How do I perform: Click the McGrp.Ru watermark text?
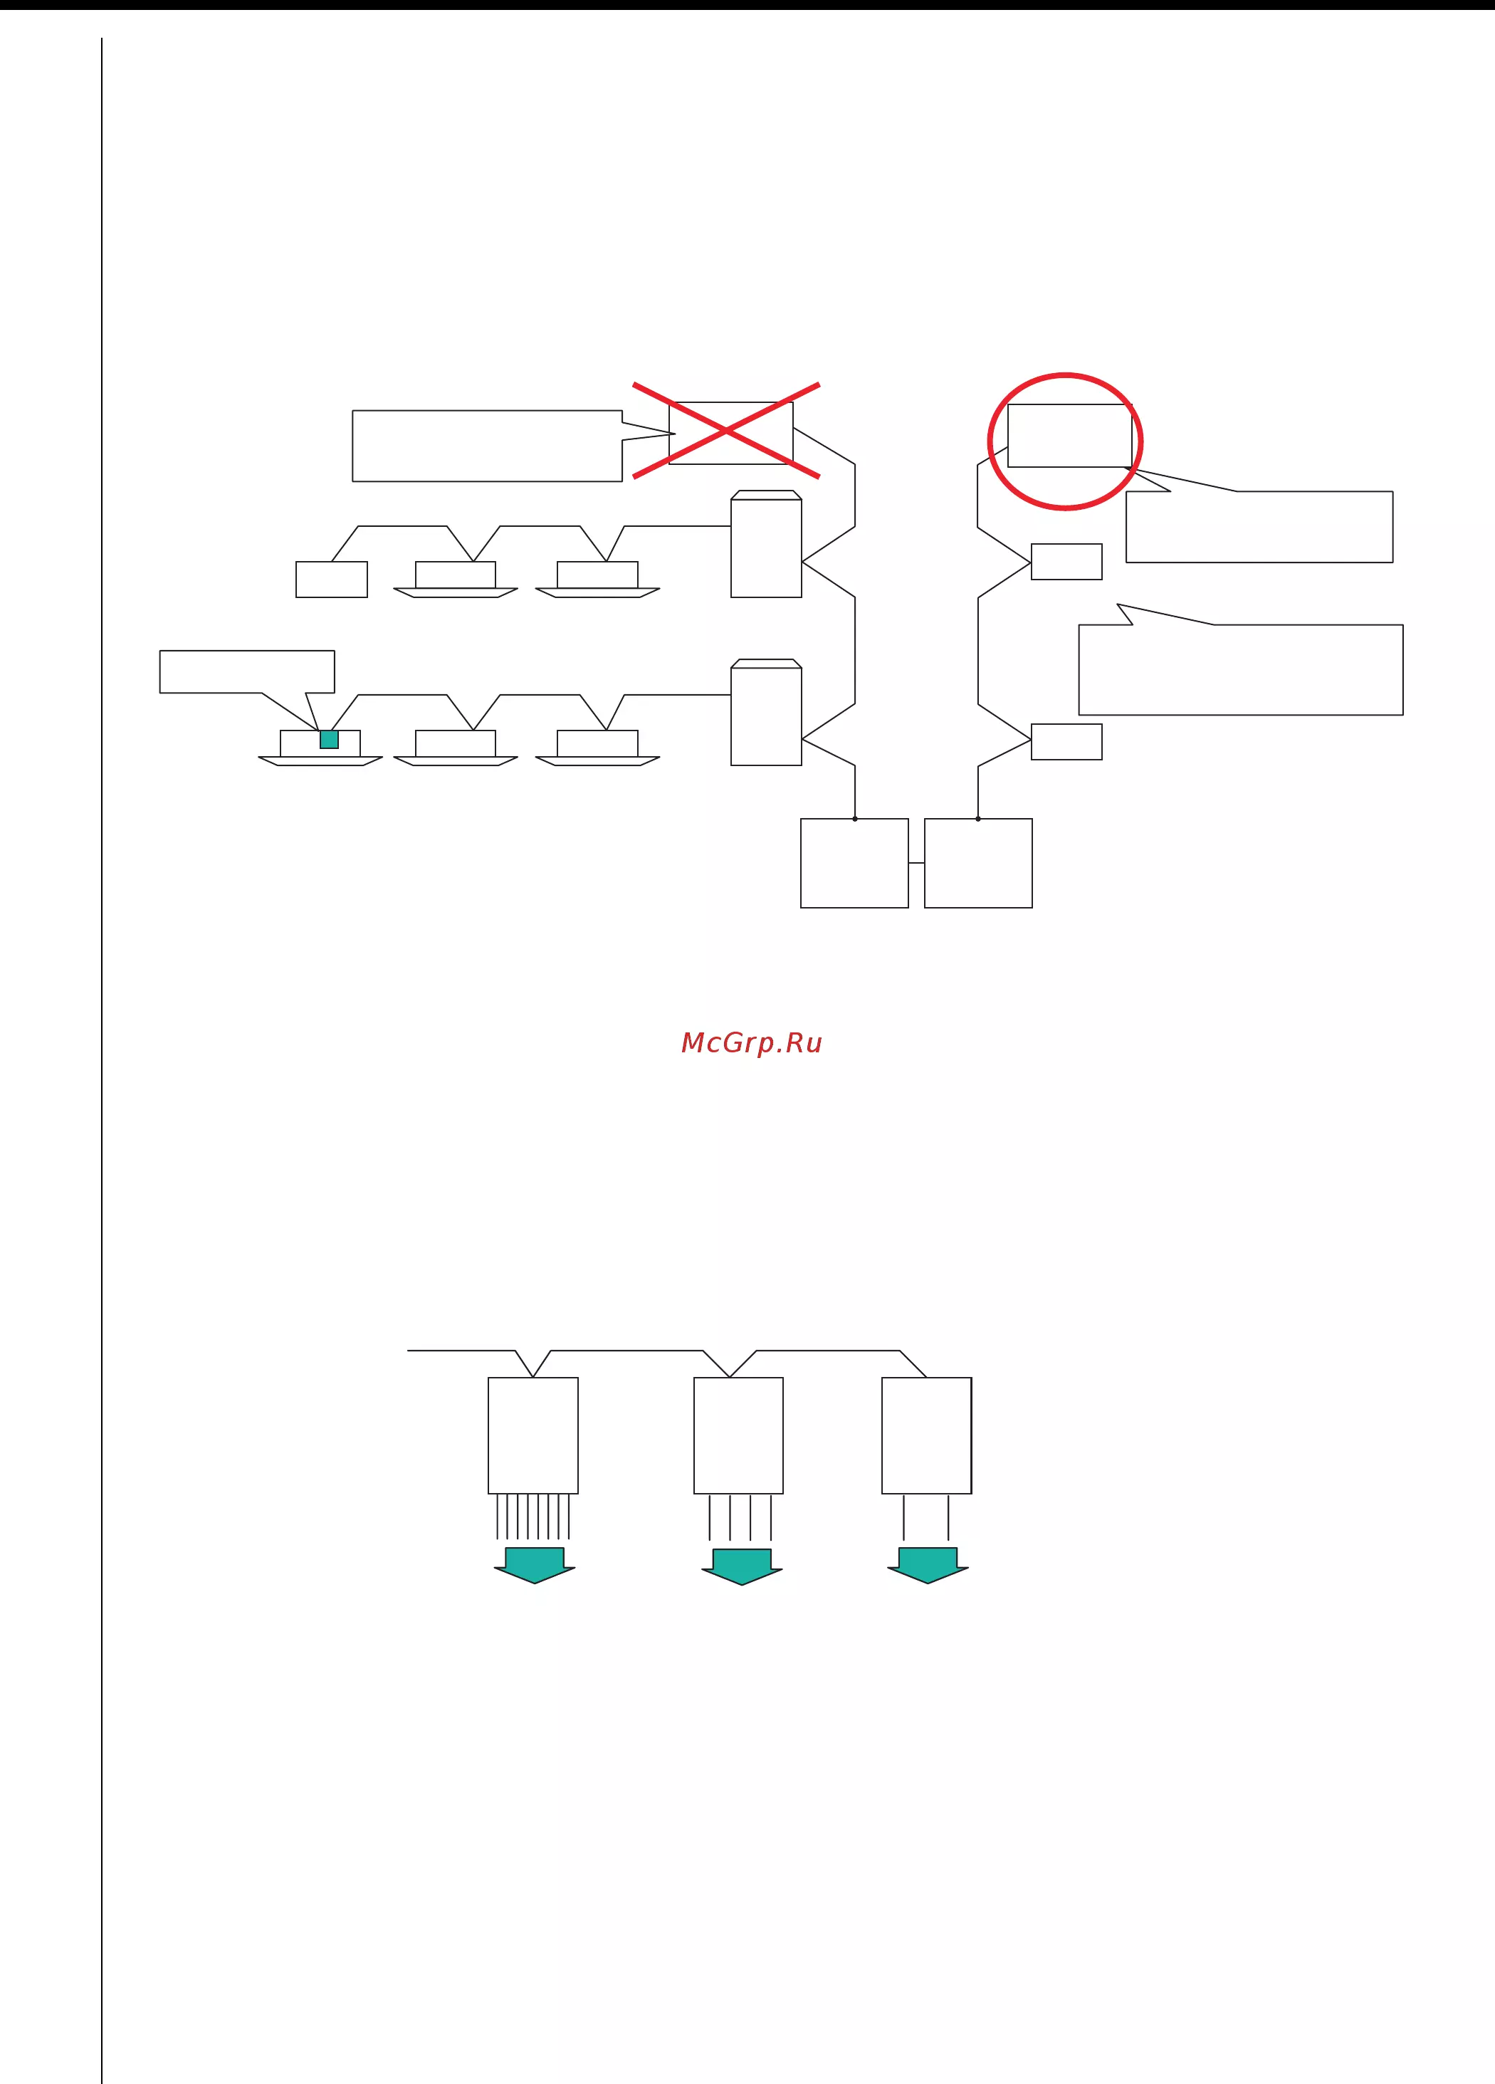(752, 1043)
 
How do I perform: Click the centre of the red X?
(726, 431)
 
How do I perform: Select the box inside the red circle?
(1069, 436)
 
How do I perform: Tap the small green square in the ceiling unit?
(329, 740)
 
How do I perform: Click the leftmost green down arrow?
(535, 1566)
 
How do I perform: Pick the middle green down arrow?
(743, 1568)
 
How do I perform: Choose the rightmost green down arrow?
(928, 1566)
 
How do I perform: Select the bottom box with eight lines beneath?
(533, 1435)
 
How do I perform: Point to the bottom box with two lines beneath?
(926, 1435)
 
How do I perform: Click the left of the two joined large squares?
(854, 863)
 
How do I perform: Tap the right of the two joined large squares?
(979, 863)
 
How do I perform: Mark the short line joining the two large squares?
(916, 863)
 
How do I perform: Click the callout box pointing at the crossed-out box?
(487, 446)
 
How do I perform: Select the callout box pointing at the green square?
(247, 671)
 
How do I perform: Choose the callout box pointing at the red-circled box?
(1259, 526)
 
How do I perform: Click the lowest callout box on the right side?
(1240, 669)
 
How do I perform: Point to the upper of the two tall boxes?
(766, 544)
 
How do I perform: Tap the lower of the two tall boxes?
(766, 712)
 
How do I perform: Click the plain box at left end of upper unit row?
(332, 579)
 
